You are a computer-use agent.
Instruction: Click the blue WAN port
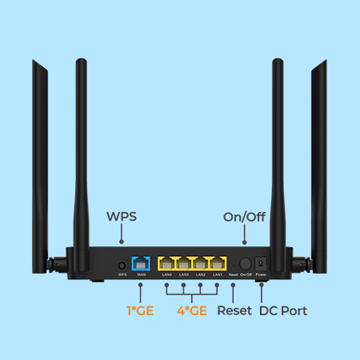tap(142, 262)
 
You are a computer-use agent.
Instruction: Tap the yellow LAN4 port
tap(167, 262)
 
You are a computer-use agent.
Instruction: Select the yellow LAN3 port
tap(184, 262)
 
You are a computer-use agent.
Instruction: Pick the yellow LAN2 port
tap(201, 262)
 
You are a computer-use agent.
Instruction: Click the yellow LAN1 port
tap(218, 262)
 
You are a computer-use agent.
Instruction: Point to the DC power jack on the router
tap(261, 262)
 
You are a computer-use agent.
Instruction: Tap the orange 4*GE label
tap(192, 310)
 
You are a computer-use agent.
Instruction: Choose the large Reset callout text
tap(234, 310)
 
